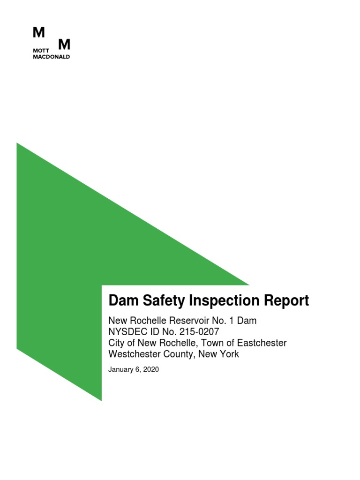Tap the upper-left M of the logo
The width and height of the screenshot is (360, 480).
[39, 32]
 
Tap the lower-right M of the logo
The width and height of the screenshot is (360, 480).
[64, 45]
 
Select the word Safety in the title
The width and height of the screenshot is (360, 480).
[160, 301]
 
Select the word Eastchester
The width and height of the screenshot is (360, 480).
[262, 343]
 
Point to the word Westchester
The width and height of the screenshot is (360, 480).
[135, 354]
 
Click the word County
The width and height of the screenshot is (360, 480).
[180, 354]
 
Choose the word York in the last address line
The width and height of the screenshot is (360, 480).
[229, 354]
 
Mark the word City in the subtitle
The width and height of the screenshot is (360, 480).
[117, 343]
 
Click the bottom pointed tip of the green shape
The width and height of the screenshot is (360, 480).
[101, 400]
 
